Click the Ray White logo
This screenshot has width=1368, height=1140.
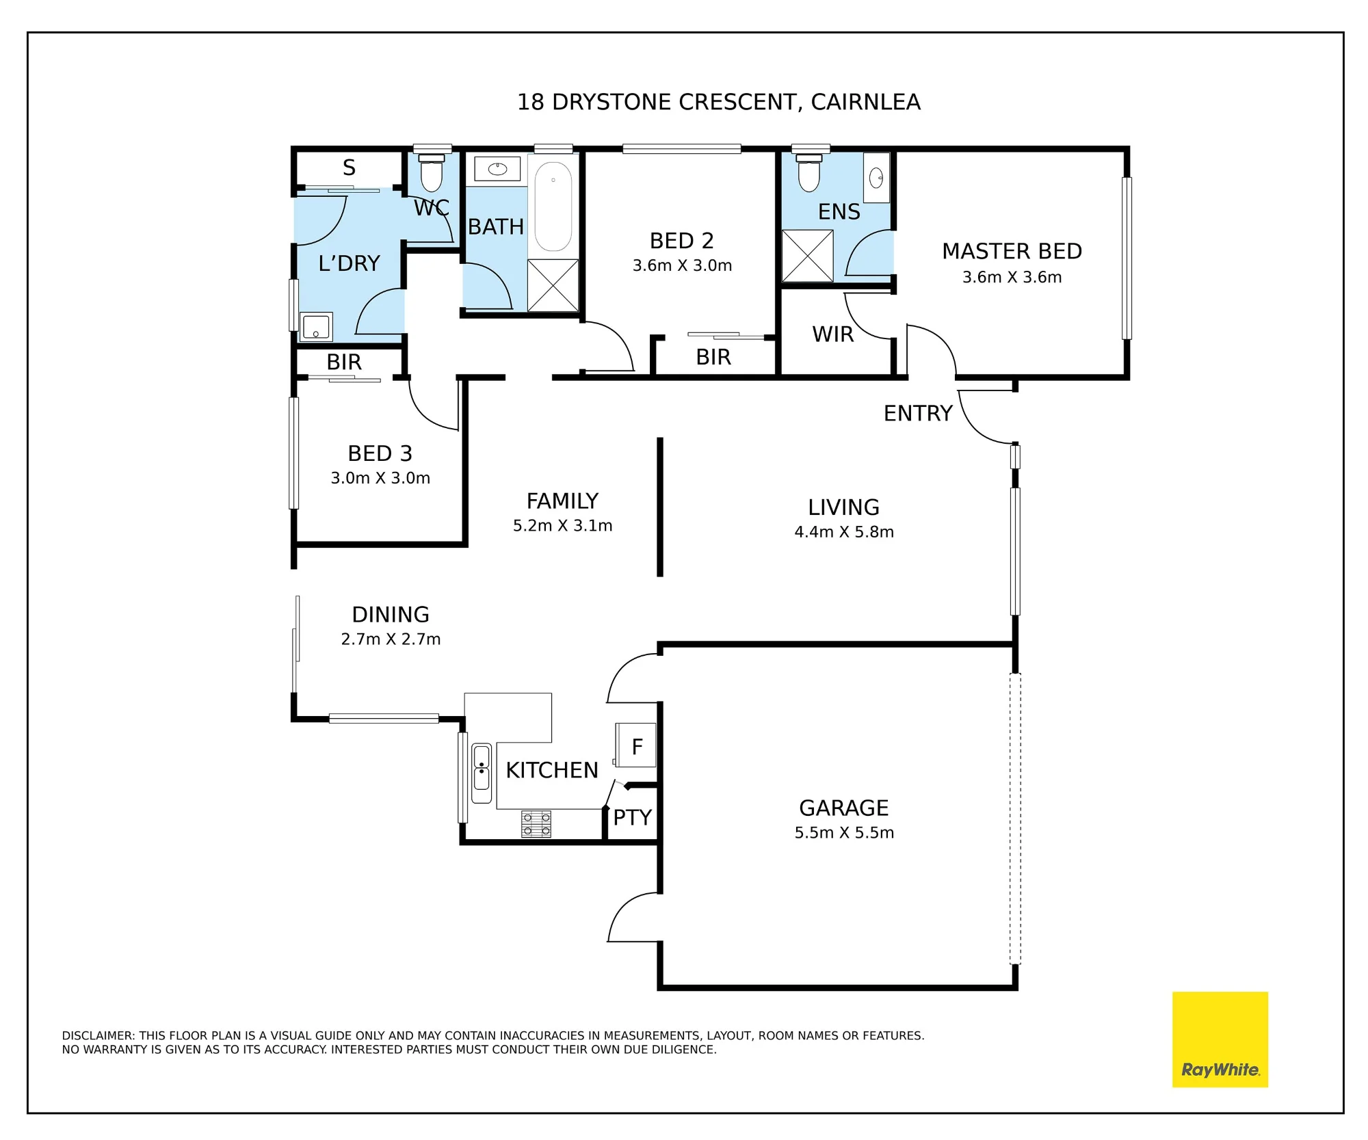(x=1220, y=1039)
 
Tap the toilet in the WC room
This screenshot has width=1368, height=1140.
(x=432, y=173)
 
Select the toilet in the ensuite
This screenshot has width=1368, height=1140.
(x=809, y=173)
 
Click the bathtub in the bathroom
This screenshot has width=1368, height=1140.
(x=553, y=207)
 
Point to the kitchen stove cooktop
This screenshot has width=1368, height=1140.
(x=536, y=824)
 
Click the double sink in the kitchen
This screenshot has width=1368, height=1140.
(x=482, y=773)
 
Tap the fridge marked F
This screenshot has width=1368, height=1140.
(x=635, y=745)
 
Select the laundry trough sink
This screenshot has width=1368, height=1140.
(x=316, y=327)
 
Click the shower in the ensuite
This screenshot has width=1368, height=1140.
(x=808, y=256)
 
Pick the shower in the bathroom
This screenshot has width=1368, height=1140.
(x=553, y=285)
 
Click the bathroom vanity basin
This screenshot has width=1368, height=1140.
(x=497, y=168)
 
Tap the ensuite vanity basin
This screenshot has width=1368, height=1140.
(x=876, y=178)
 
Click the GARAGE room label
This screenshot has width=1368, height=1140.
(x=844, y=808)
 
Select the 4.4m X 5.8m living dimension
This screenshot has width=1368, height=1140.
(x=844, y=531)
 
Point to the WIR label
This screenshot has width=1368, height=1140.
(x=833, y=334)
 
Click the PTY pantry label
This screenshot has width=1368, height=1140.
(x=632, y=817)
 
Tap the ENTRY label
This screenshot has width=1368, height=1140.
(x=918, y=413)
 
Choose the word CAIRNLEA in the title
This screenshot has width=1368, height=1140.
(x=865, y=102)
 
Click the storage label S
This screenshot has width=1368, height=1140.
(x=349, y=168)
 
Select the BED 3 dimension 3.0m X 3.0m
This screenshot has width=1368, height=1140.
(x=380, y=478)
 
